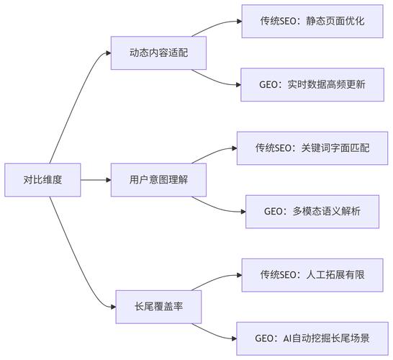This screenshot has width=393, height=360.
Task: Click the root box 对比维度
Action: (x=42, y=180)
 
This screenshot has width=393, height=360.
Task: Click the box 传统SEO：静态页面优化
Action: (x=312, y=21)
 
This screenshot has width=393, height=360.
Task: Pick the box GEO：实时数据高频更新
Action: (x=312, y=84)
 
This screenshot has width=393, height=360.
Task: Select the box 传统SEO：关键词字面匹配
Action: (x=312, y=148)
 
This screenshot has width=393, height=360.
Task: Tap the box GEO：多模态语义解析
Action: (x=312, y=212)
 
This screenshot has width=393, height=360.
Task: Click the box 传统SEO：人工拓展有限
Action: (x=312, y=275)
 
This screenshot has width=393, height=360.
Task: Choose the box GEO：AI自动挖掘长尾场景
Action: (x=312, y=338)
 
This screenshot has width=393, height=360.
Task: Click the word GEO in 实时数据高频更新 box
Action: (x=270, y=84)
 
